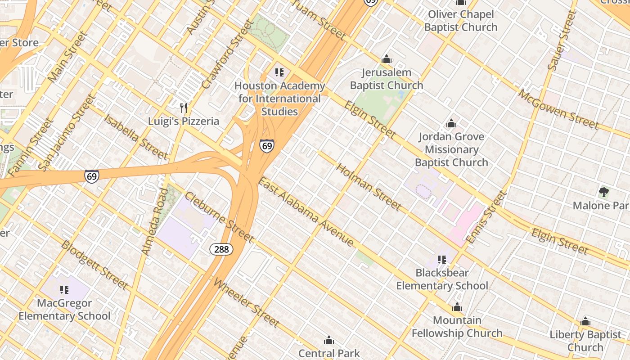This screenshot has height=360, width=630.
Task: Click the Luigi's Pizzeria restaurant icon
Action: [x=183, y=108]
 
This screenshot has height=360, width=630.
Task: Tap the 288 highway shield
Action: [x=221, y=249]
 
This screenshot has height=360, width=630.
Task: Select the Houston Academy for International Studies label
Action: [x=279, y=99]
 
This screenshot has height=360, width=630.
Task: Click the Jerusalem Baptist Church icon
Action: [x=386, y=59]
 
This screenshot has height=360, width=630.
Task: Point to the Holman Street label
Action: [x=369, y=187]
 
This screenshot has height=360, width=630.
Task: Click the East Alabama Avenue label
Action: [x=306, y=212]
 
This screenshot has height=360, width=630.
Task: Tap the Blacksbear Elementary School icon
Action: [x=441, y=260]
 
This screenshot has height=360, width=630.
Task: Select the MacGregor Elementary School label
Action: [x=64, y=310]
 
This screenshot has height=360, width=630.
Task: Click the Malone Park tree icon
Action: [x=603, y=193]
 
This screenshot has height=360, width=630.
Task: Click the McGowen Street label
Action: [x=558, y=109]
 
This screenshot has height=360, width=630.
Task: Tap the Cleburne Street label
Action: [x=219, y=217]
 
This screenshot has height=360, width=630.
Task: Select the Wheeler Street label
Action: [x=246, y=302]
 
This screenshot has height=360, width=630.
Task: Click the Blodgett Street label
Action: [x=94, y=265]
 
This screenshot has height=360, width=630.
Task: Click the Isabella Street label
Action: [x=135, y=137]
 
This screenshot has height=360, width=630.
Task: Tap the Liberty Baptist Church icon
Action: [x=585, y=322]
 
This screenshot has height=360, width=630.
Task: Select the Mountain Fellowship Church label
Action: [x=457, y=327]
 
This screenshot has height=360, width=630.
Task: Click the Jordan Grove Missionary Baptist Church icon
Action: [x=451, y=123]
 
